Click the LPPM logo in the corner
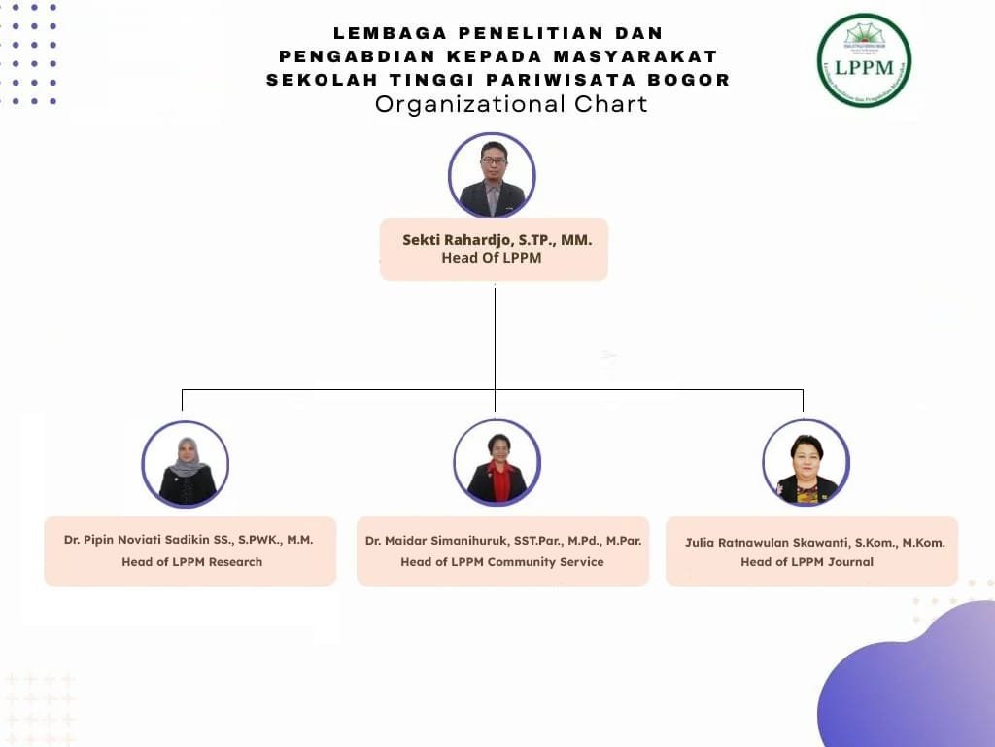pos(864,60)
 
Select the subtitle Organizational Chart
pos(511,104)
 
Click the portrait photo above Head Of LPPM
pos(492,176)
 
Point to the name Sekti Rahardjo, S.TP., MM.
pos(497,239)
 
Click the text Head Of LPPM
pos(492,258)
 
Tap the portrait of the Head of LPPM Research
pos(186,464)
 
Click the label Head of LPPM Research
pos(191,561)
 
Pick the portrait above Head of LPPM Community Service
pos(497,463)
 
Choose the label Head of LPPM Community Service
pos(501,561)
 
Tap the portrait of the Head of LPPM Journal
pos(806,463)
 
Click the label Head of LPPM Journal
pos(806,561)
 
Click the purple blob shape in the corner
pos(913,681)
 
